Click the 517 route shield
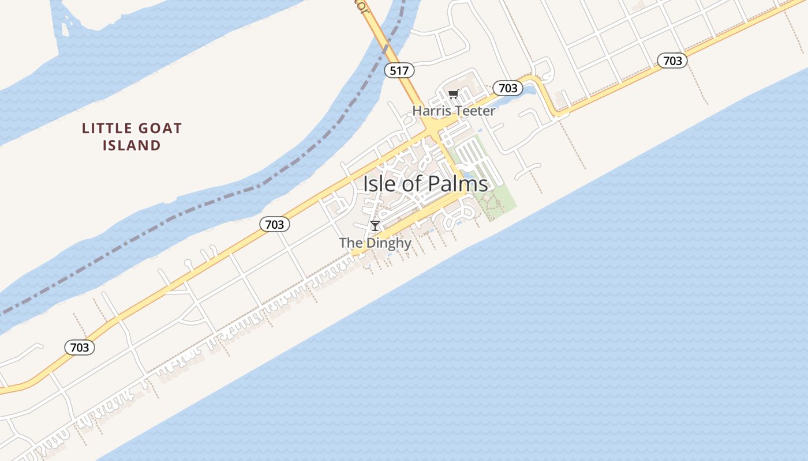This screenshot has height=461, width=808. click(x=399, y=71)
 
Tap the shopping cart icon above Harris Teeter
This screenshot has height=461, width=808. click(x=454, y=94)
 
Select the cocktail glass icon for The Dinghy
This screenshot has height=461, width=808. click(x=375, y=226)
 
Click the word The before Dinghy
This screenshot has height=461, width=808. click(x=350, y=243)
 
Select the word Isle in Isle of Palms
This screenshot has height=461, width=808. click(x=378, y=184)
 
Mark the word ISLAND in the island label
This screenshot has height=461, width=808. click(x=132, y=145)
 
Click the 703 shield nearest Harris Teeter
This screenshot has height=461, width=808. click(x=507, y=88)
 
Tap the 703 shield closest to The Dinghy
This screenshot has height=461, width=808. click(x=275, y=224)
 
